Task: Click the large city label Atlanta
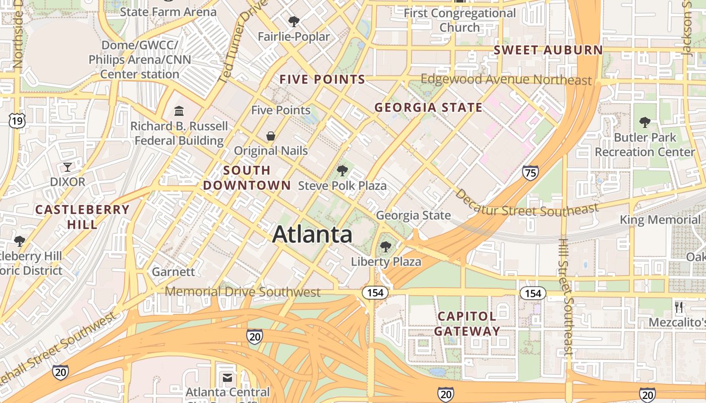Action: (312, 235)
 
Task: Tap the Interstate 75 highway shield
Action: (530, 173)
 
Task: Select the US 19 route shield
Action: (17, 120)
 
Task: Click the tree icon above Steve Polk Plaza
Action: (342, 171)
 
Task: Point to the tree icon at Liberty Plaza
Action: (386, 247)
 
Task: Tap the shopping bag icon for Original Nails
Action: (271, 136)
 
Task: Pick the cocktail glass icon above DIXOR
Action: (68, 167)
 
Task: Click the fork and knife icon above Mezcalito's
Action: (679, 307)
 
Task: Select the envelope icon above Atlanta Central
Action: (227, 377)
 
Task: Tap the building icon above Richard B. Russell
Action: (179, 111)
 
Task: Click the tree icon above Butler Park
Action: (644, 122)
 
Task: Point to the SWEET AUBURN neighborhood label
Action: (548, 50)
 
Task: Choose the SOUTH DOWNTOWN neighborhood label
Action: (247, 178)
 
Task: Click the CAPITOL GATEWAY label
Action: (467, 323)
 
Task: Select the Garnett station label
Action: (173, 272)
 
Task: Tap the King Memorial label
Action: (660, 220)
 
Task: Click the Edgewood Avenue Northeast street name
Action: (506, 80)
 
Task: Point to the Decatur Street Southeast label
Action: (526, 206)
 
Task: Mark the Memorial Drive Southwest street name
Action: (243, 292)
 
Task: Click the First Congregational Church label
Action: (460, 20)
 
